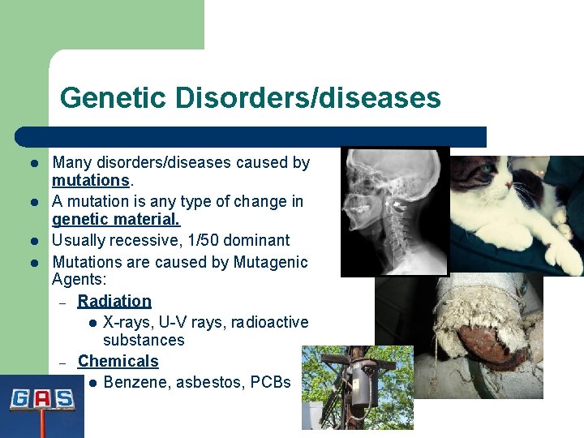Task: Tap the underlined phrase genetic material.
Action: click(116, 220)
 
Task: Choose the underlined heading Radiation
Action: click(114, 301)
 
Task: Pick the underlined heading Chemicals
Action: click(118, 361)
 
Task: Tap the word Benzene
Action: click(134, 381)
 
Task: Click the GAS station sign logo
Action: click(41, 400)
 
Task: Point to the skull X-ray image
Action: click(394, 211)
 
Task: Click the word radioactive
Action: click(269, 322)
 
